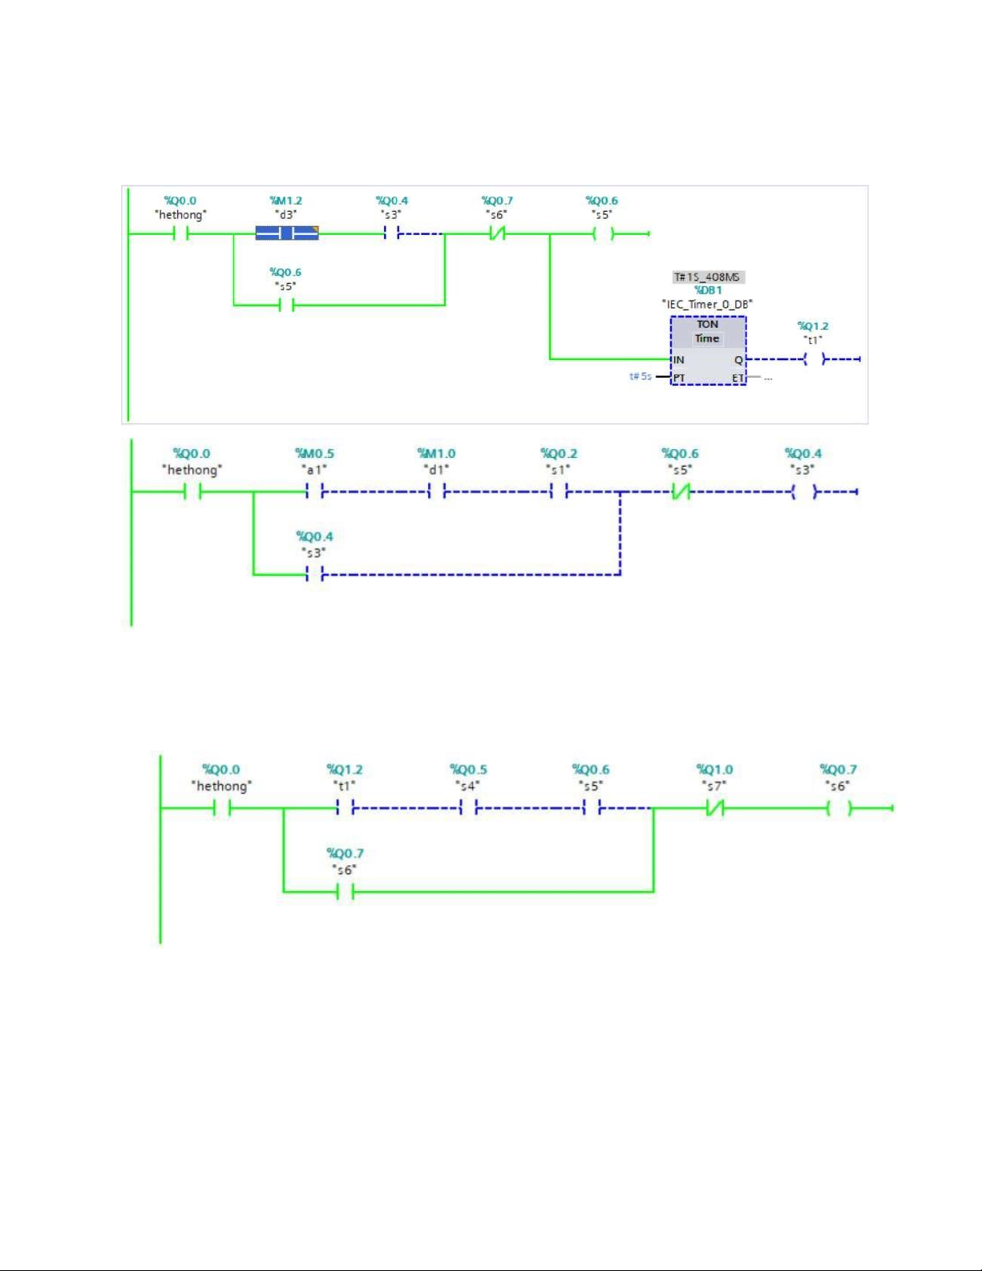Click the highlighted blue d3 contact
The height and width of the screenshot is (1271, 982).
[287, 233]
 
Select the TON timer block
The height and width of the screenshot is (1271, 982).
[708, 350]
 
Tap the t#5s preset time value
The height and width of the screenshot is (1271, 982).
[640, 376]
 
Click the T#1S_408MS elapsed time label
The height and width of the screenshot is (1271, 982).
[707, 277]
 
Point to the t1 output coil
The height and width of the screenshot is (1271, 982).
[814, 359]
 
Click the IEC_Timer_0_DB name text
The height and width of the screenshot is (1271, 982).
[707, 304]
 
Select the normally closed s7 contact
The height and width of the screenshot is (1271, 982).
[715, 808]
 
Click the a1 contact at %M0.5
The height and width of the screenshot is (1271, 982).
[314, 492]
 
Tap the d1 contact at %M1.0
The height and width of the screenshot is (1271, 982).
[437, 492]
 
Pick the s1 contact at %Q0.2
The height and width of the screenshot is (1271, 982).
[559, 492]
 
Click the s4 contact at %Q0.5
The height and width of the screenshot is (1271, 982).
[469, 808]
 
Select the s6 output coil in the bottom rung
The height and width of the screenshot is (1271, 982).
[839, 808]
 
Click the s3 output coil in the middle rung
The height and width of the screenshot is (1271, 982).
[804, 492]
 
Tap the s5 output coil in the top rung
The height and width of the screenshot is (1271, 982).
[603, 233]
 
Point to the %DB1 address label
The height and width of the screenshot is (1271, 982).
[708, 290]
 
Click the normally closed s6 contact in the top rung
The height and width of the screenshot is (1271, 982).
[497, 233]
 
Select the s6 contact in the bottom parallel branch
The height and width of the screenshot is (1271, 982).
[346, 892]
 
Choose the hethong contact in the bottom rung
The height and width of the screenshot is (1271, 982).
[222, 808]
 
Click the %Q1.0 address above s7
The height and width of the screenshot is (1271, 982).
[714, 770]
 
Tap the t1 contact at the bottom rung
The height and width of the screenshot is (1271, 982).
[346, 808]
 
